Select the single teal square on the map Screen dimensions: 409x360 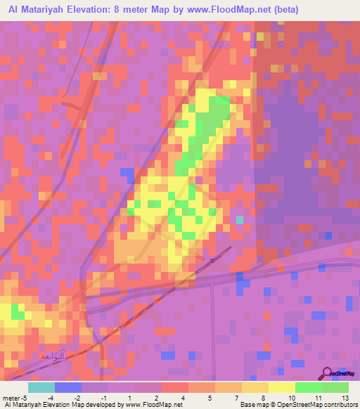click(x=240, y=220)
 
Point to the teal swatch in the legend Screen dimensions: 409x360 click(x=41, y=387)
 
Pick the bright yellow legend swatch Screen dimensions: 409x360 click(x=282, y=387)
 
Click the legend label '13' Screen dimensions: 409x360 click(x=344, y=397)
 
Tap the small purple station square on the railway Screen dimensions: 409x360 click(x=212, y=261)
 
